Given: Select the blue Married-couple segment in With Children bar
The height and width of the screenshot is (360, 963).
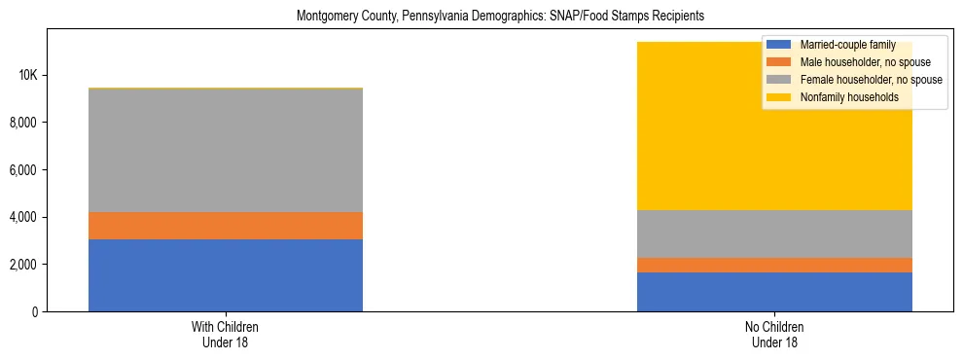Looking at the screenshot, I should pos(226,275).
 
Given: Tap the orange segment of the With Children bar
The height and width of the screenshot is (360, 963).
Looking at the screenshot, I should pos(226,226).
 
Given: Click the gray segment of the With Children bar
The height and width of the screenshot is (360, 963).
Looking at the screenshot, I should pos(226,150).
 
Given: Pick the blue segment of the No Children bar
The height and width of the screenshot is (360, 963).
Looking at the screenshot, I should pos(774,292).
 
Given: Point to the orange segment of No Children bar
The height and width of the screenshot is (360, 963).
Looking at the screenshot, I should pos(774,265).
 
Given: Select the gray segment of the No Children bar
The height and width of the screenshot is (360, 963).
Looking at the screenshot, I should pos(774,234).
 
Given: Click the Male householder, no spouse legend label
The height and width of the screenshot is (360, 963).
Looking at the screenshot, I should pos(851,62).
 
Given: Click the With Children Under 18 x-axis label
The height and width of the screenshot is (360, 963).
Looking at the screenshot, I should pos(226,335).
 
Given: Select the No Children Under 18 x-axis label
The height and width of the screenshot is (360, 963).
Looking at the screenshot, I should pos(774,335).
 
